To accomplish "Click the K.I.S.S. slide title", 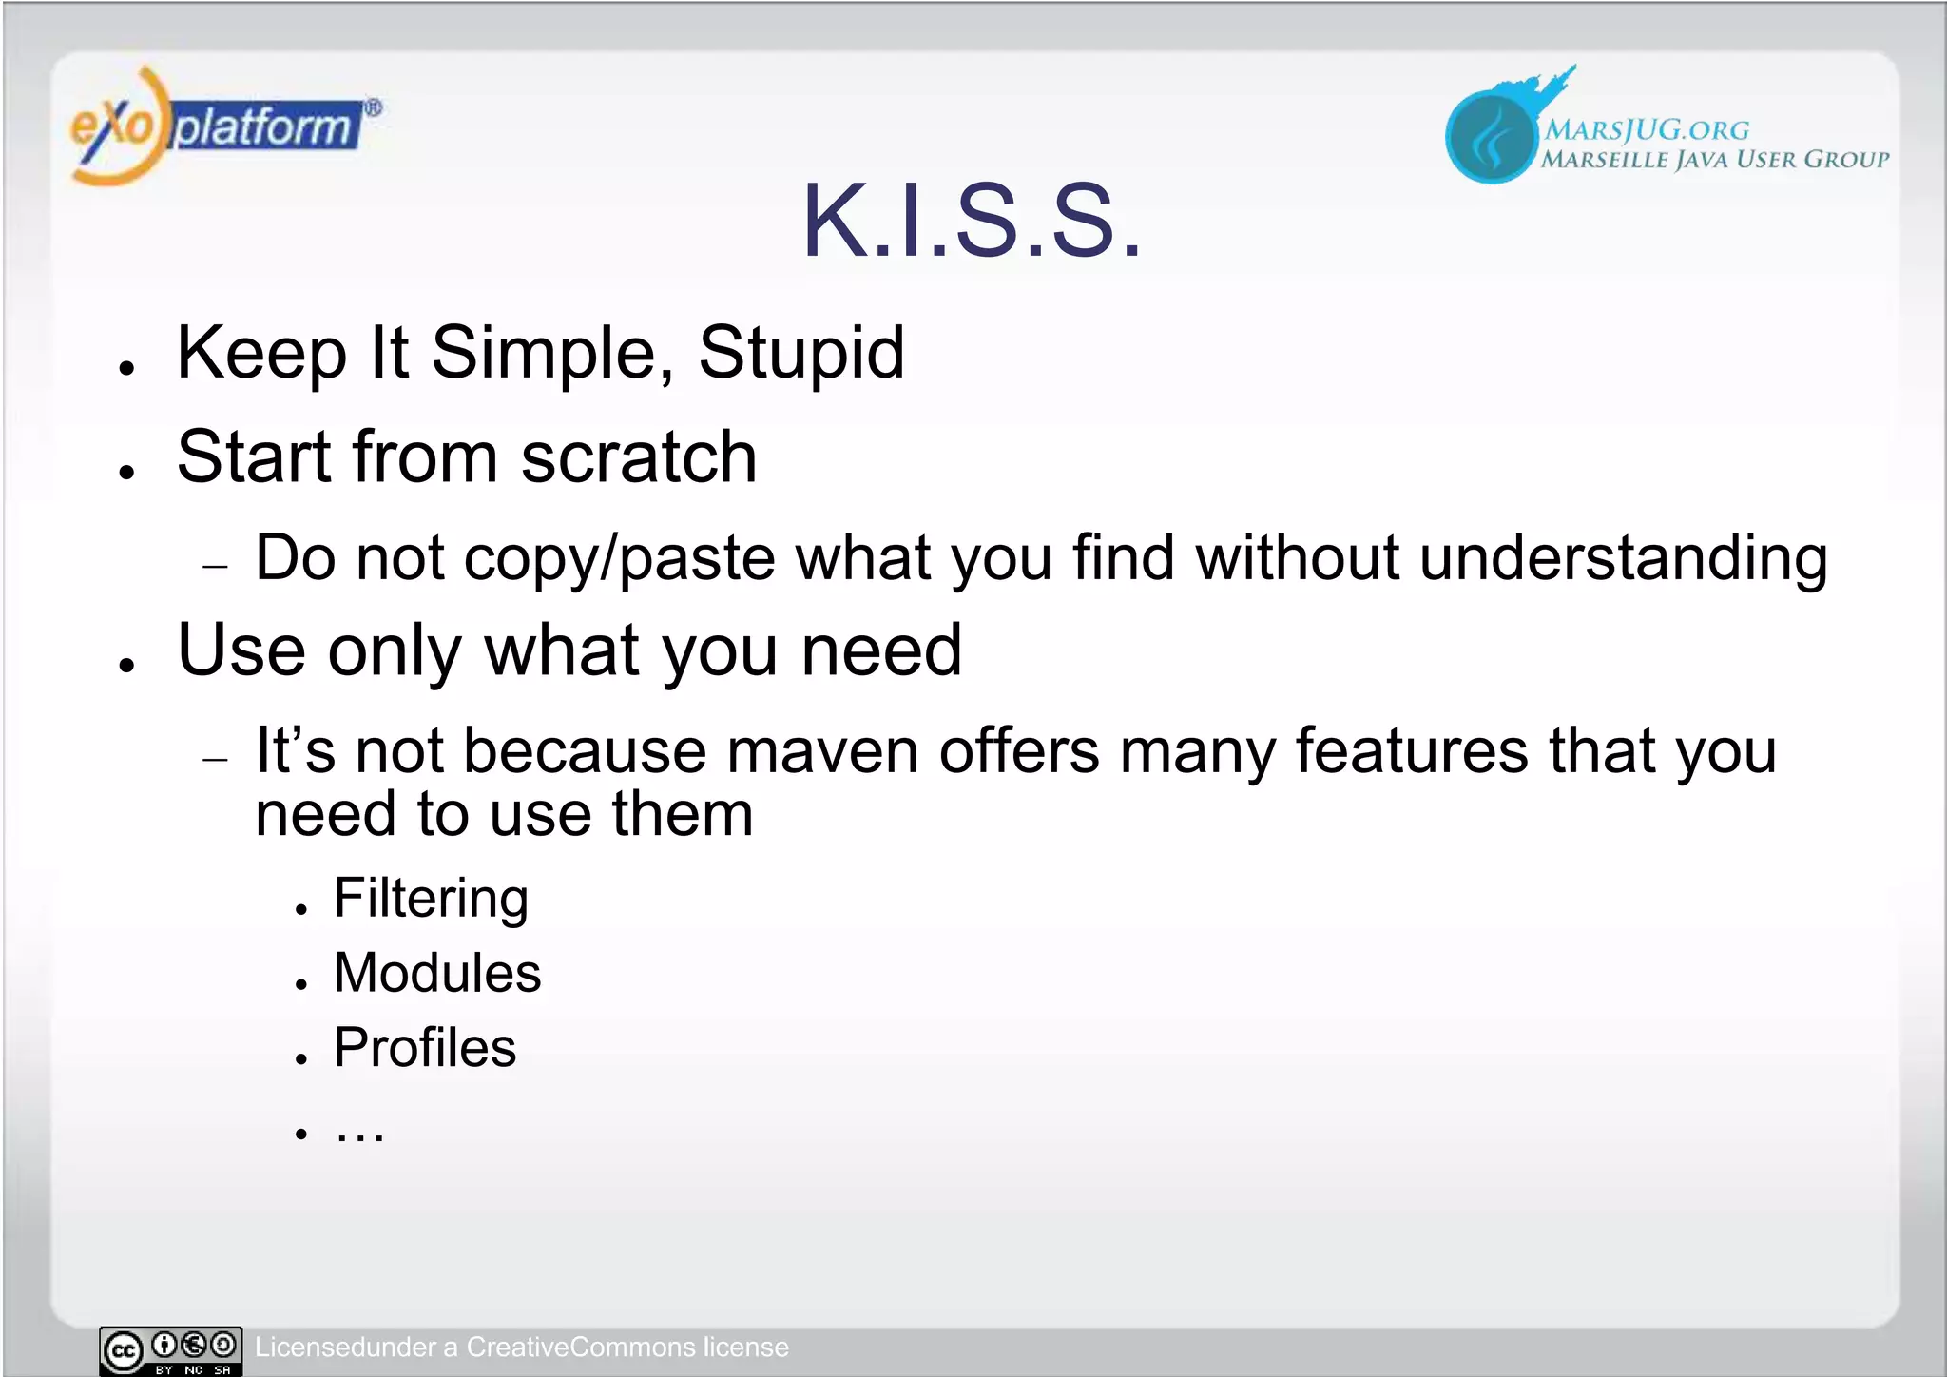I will pyautogui.click(x=971, y=222).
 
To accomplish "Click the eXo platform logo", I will pyautogui.click(x=219, y=126).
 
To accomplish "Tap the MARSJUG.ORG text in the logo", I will pyautogui.click(x=1646, y=130).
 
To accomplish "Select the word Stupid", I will pyautogui.click(x=800, y=354).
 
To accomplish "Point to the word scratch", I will pyautogui.click(x=638, y=457).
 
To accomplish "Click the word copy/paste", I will pyautogui.click(x=619, y=558).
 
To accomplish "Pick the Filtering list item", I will pyautogui.click(x=431, y=899).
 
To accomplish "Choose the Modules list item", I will pyautogui.click(x=437, y=973).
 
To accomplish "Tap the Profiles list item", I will pyautogui.click(x=425, y=1048).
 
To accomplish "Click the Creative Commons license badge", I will pyautogui.click(x=171, y=1350).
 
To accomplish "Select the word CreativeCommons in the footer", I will pyautogui.click(x=581, y=1348).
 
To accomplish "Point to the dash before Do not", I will pyautogui.click(x=216, y=567).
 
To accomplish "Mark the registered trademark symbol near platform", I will pyautogui.click(x=374, y=107).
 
